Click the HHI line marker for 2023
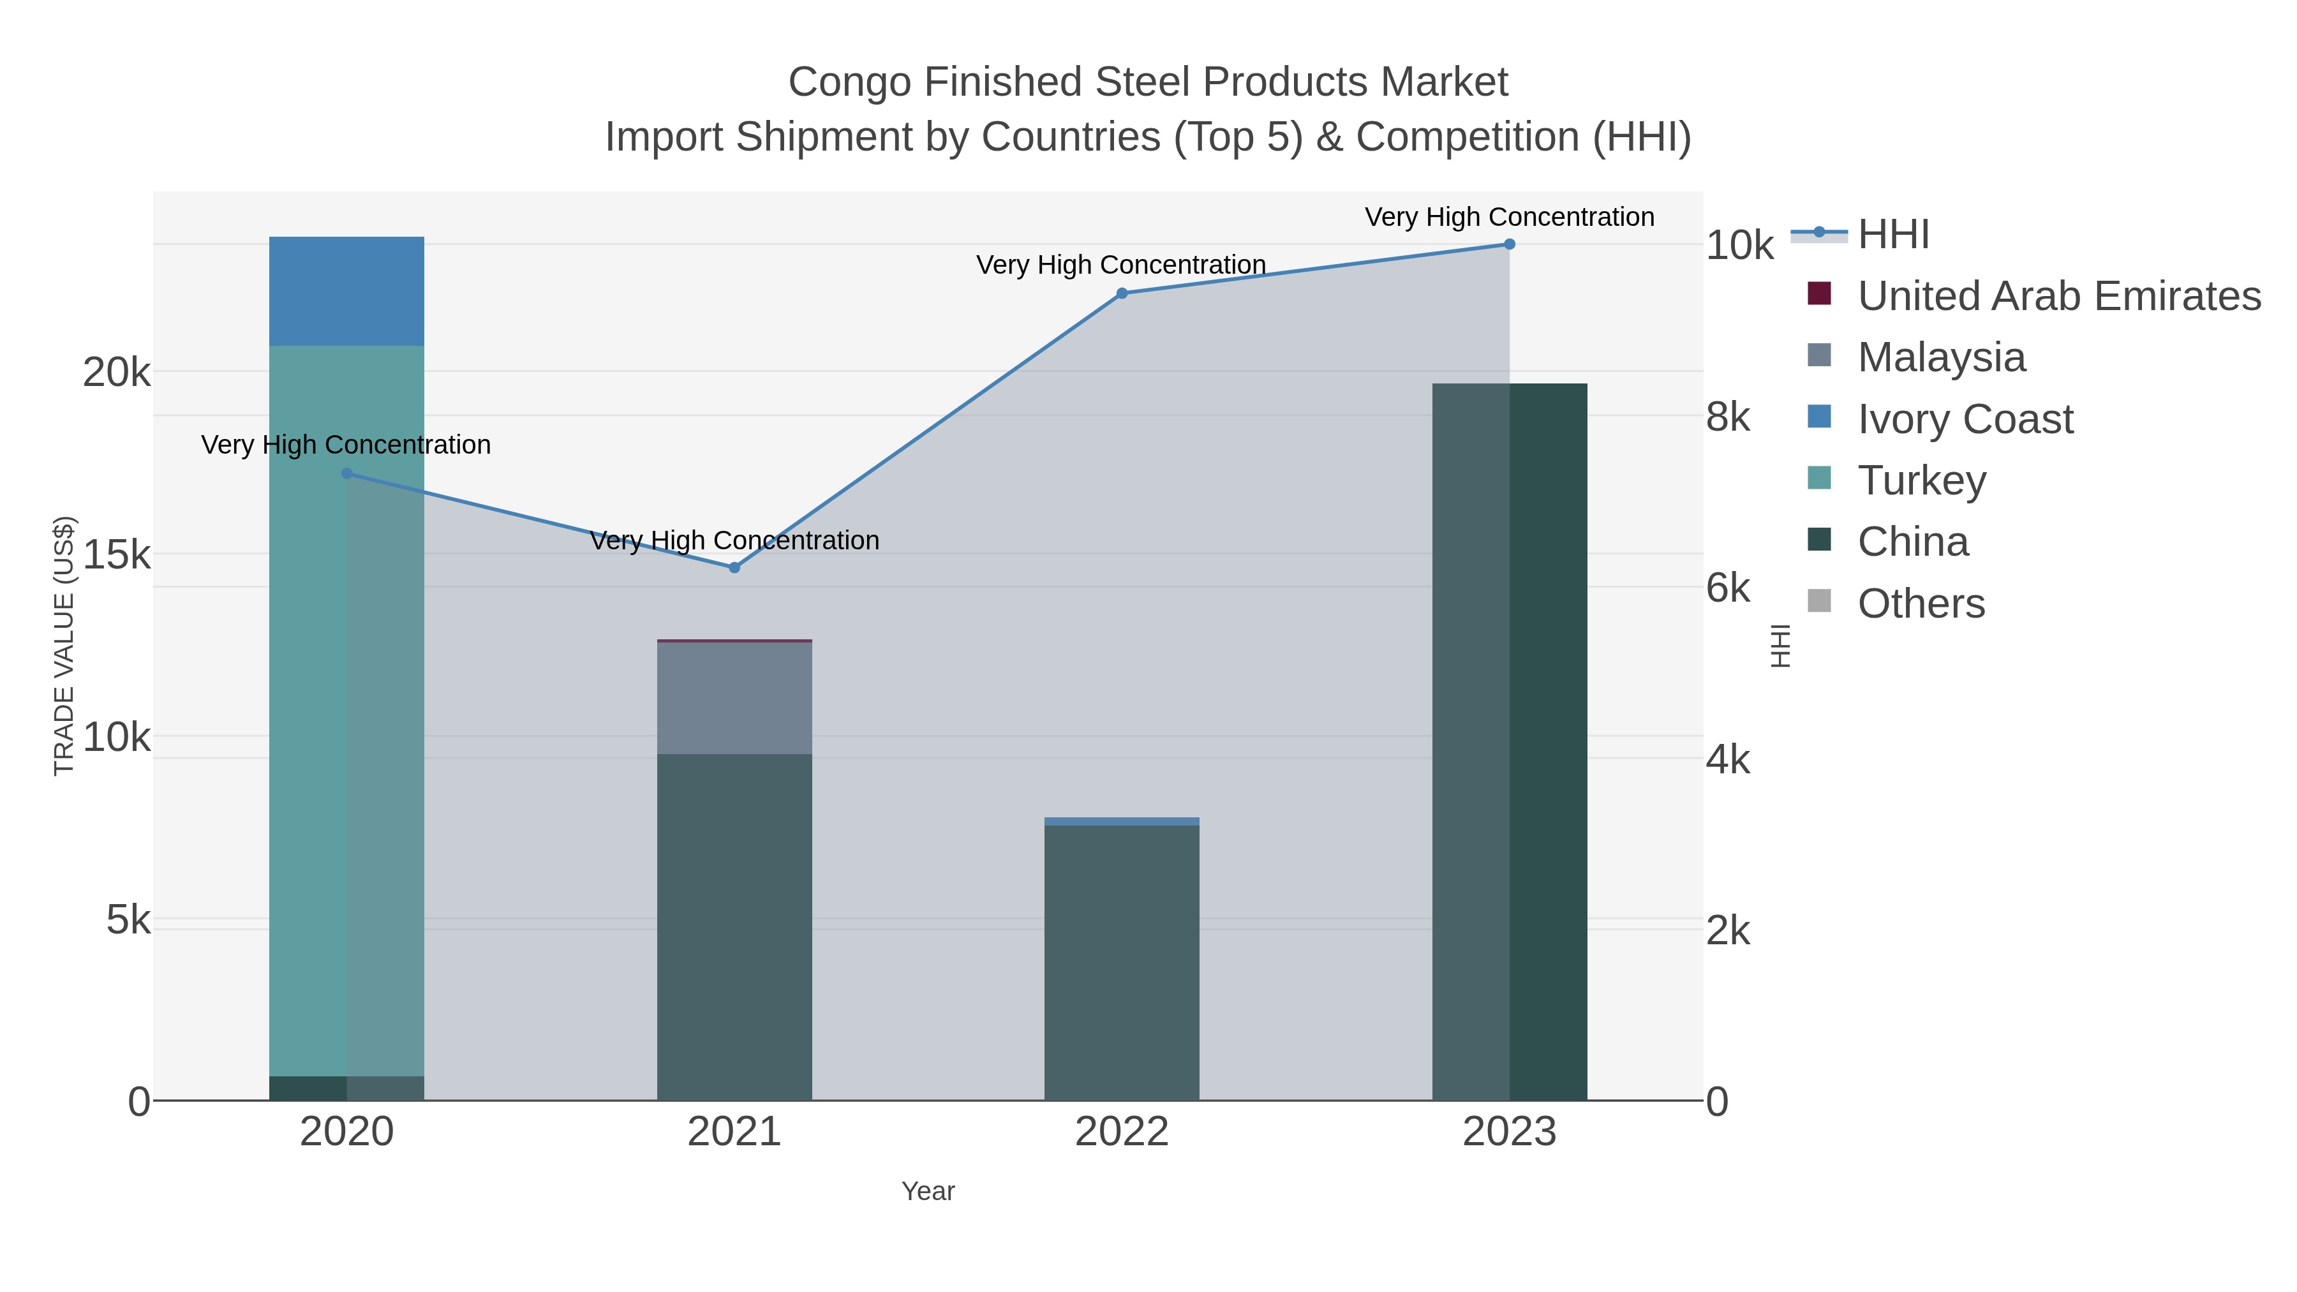point(1509,244)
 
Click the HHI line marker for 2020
point(347,473)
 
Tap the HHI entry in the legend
point(1892,235)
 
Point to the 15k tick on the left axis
point(117,554)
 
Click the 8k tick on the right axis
point(1727,417)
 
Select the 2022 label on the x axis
point(1121,1131)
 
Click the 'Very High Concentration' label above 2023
point(1509,217)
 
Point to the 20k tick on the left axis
point(117,372)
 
